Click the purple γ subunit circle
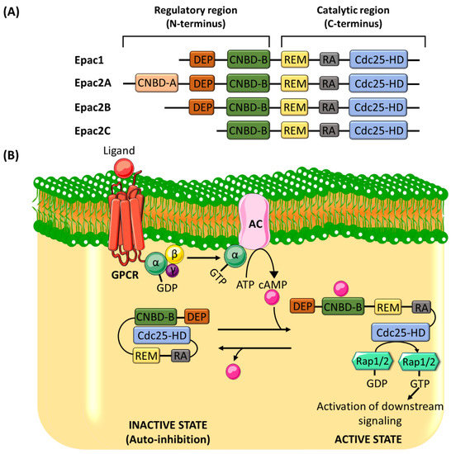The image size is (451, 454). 171,268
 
